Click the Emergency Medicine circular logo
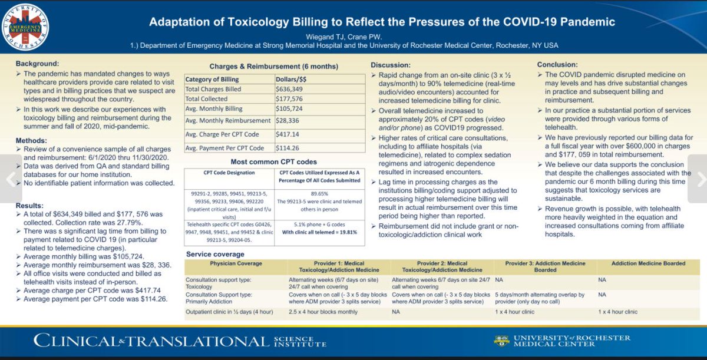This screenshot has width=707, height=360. point(25,27)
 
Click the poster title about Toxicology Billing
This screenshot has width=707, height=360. point(382,22)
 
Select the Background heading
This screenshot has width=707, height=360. point(37,63)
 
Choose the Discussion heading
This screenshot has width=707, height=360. point(391,64)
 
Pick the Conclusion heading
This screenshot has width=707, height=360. point(557,64)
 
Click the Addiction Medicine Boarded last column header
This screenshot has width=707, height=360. point(648,263)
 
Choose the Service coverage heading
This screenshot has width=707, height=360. point(216,253)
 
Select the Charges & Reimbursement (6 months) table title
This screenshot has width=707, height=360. point(275,67)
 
